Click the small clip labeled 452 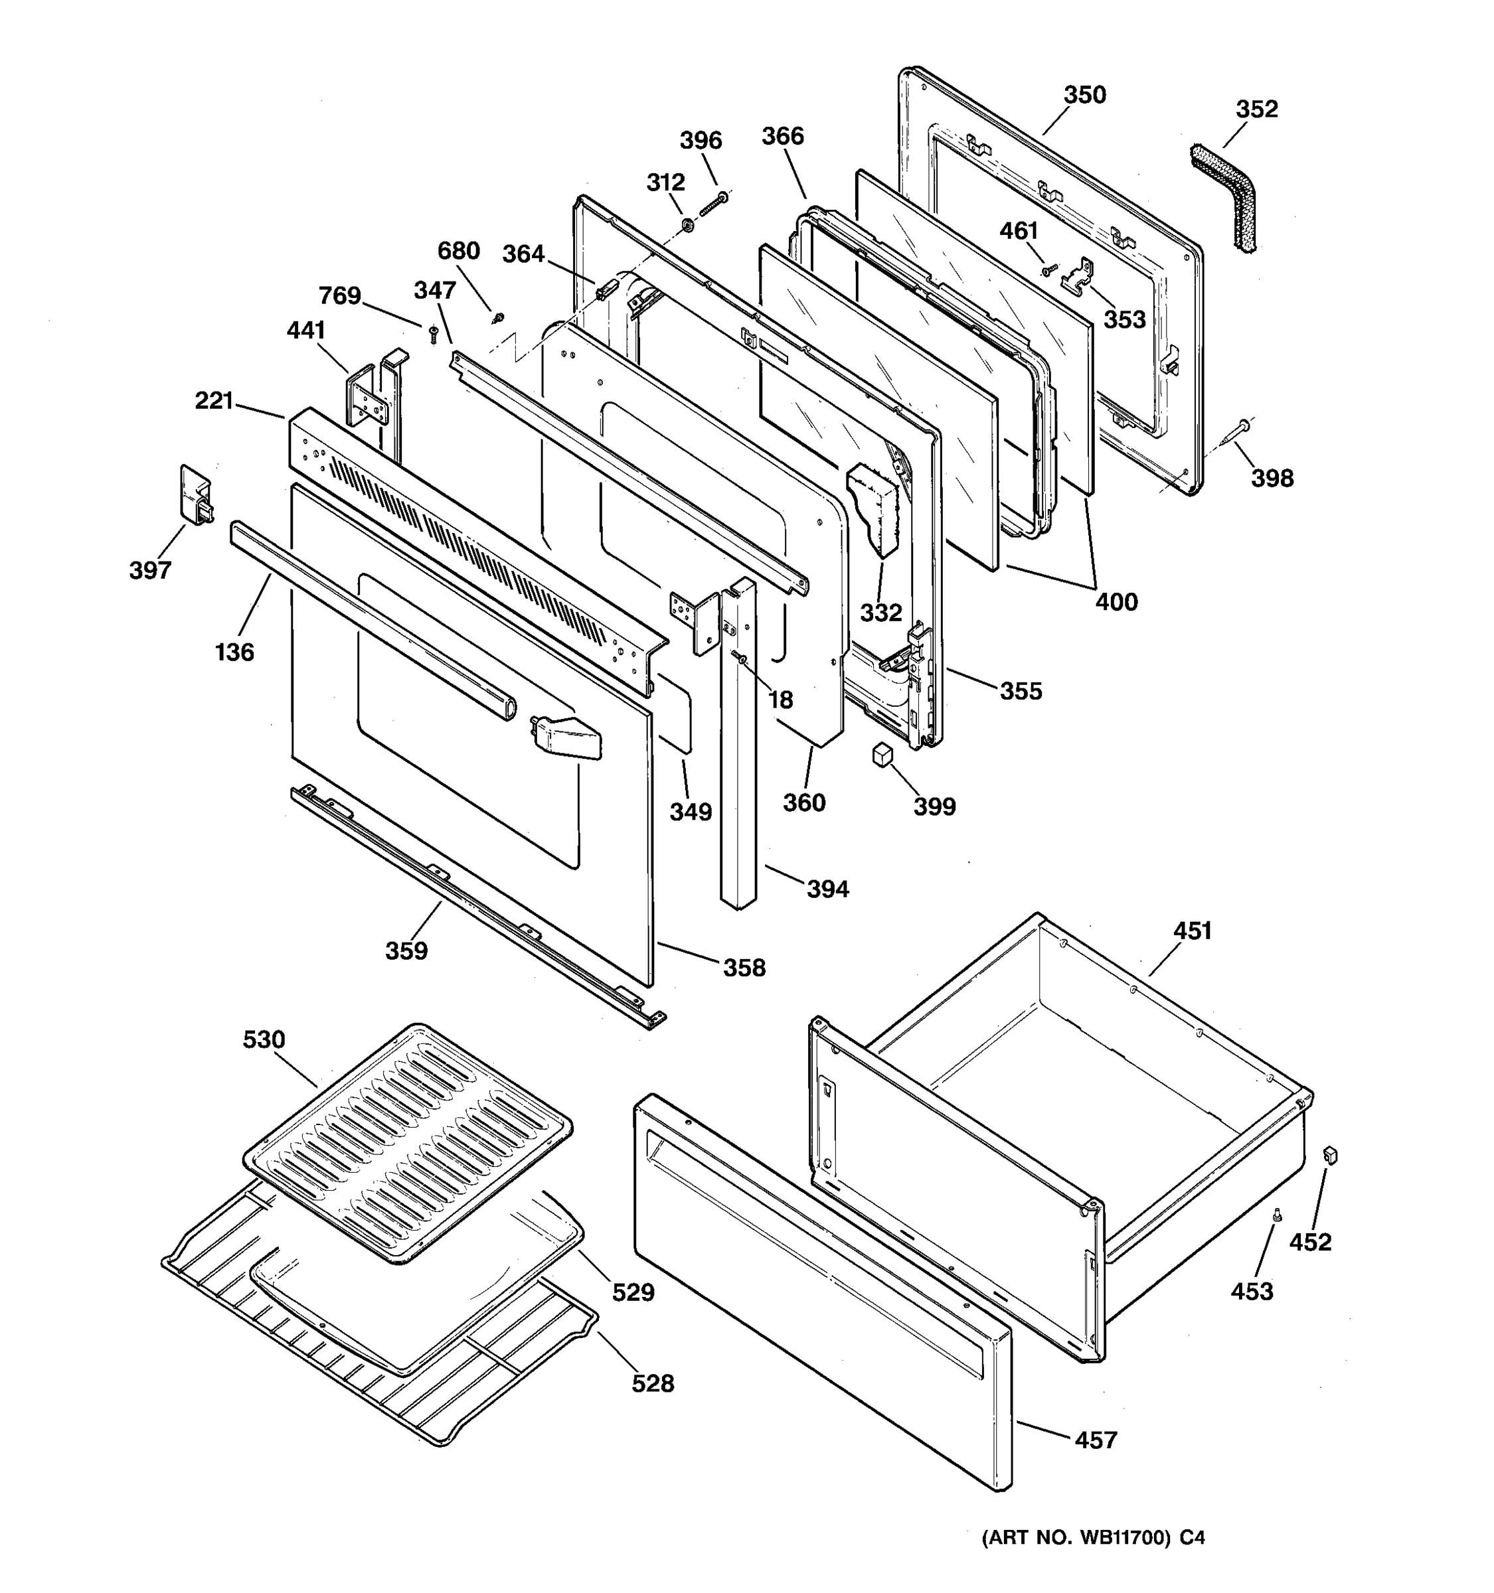(1331, 1155)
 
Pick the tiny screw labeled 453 (1278, 1215)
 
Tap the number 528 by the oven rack (653, 1383)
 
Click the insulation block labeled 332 (875, 507)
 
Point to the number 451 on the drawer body (1192, 931)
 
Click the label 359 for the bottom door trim (406, 950)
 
